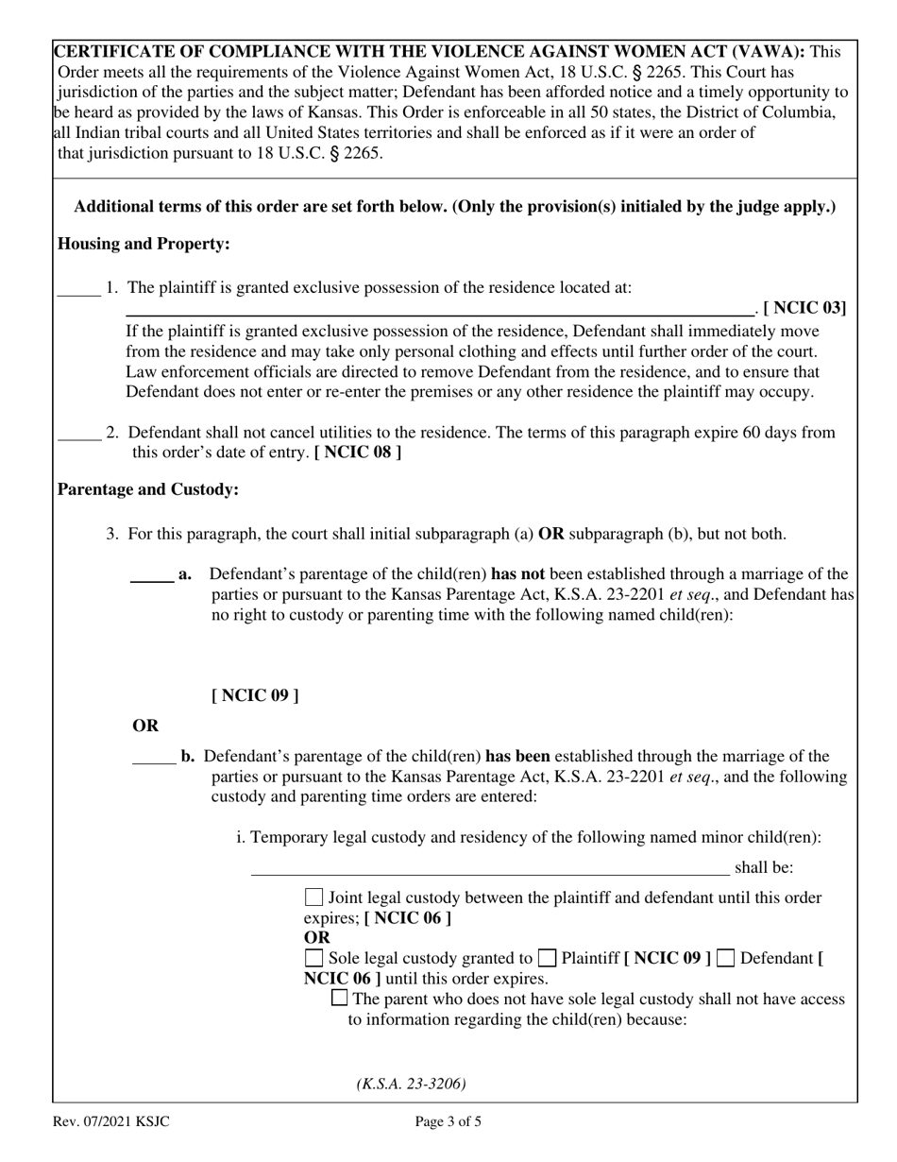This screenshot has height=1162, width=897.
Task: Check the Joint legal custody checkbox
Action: [314, 897]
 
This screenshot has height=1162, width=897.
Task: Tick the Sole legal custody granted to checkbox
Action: [314, 959]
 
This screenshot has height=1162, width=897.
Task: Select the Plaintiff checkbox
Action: [547, 959]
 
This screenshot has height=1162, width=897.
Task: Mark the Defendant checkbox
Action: [726, 959]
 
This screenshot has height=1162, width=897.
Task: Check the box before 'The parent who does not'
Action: [340, 1000]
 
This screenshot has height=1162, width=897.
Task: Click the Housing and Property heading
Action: [144, 244]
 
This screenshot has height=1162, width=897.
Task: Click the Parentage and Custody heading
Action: [148, 489]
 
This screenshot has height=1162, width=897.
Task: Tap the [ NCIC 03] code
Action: [804, 307]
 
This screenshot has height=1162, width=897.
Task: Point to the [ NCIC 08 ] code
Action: [358, 453]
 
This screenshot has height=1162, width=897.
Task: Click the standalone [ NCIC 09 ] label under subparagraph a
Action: [255, 696]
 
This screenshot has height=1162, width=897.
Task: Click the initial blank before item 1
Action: [78, 291]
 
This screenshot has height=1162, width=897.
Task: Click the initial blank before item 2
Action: [78, 436]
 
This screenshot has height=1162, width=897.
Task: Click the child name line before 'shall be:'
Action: [489, 869]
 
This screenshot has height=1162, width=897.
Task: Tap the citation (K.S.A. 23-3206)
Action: [411, 1084]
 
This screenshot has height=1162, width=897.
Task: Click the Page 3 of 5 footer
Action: [448, 1122]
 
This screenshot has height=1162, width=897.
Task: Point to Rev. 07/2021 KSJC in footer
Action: [111, 1122]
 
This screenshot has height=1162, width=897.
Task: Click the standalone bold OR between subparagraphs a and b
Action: [145, 726]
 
